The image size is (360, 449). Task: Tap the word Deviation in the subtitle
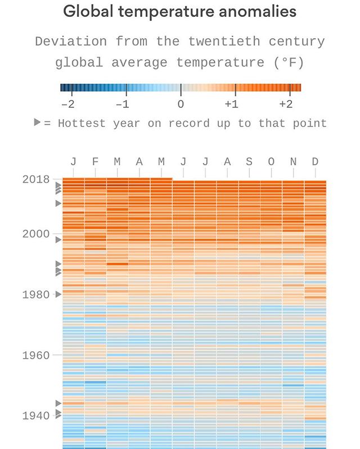pos(71,42)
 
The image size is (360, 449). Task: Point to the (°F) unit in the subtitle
pos(289,62)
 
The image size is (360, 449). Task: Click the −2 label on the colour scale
pos(67,105)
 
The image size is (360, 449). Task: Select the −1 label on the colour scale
pos(122,105)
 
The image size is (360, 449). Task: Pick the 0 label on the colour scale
pos(181,105)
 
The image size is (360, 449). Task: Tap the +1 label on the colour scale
pos(231,105)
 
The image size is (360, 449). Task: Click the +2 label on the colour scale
pos(285,105)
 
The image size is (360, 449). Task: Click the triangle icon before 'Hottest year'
pos(37,123)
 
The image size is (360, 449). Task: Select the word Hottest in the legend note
pos(82,123)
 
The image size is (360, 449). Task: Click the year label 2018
pos(36,180)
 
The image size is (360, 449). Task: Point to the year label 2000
pos(36,234)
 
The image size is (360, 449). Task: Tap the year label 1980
pos(36,294)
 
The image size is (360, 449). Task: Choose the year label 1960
pos(36,355)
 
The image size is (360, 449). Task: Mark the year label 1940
pos(36,416)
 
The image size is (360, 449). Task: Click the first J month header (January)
pos(73,162)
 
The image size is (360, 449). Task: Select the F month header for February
pos(95,162)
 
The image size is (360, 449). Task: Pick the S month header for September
pos(249,162)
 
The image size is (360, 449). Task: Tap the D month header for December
pos(315,162)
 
